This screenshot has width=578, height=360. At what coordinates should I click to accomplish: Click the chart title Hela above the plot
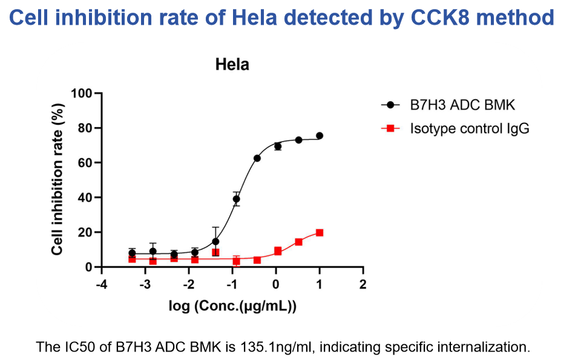(232, 65)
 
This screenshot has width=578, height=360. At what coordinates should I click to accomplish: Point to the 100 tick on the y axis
(82, 93)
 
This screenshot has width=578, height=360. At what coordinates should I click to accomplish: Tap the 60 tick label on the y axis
(85, 163)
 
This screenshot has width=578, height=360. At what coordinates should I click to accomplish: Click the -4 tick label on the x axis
(101, 284)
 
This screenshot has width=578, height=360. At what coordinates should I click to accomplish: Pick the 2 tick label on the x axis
(363, 284)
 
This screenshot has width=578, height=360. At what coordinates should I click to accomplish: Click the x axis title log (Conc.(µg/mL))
(232, 306)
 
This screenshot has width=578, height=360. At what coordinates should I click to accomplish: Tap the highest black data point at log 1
(320, 136)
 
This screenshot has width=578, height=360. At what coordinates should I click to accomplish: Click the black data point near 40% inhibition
(236, 199)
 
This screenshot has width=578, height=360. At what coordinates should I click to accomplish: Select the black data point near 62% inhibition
(257, 158)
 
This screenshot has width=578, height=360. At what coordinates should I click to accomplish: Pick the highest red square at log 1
(320, 233)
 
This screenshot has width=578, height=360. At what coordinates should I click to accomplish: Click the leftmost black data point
(132, 253)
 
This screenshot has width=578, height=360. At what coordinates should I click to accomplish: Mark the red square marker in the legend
(391, 128)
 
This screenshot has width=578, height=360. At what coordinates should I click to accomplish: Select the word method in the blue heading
(516, 18)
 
